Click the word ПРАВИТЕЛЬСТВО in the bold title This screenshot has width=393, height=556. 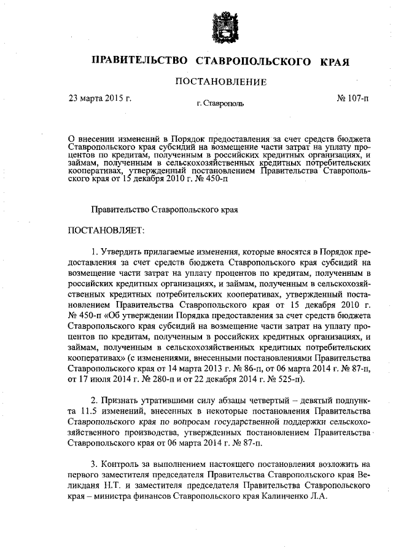click(139, 61)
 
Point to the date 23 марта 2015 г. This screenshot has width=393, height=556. click(100, 97)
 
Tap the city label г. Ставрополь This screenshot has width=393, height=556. click(220, 104)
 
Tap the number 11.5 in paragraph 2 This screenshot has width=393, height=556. click(84, 412)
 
